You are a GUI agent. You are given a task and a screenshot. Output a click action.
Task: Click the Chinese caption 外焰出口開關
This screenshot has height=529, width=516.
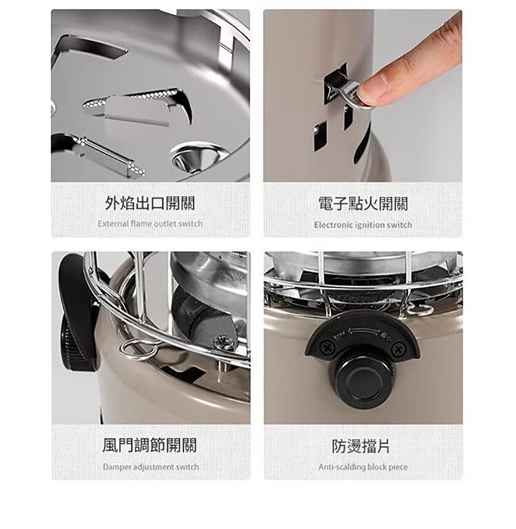(150, 203)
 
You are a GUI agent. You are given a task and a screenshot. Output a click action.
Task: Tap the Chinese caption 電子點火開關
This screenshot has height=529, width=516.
(363, 204)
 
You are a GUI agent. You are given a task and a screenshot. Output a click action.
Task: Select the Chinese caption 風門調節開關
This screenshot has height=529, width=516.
(149, 445)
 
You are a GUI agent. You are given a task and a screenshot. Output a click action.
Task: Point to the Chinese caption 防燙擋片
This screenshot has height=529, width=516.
(361, 446)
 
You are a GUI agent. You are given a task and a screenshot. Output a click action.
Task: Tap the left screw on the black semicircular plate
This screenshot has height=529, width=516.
(326, 347)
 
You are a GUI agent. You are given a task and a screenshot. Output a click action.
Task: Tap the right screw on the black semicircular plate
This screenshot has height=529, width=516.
(399, 348)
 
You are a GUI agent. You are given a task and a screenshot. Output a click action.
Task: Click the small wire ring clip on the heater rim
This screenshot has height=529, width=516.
(138, 349)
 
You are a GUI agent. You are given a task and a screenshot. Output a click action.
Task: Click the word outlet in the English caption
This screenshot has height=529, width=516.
(165, 224)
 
